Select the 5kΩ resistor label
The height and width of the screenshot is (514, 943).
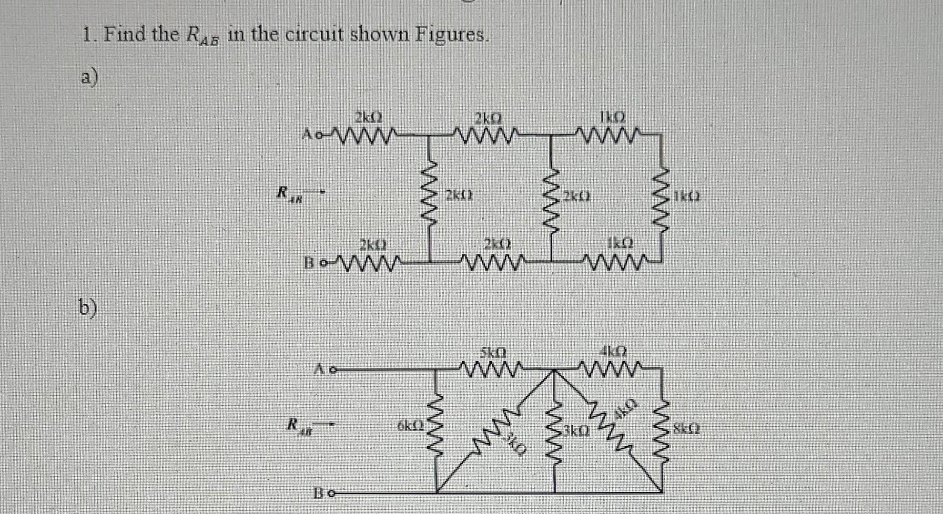click(x=493, y=351)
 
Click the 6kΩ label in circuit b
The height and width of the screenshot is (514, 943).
click(x=410, y=425)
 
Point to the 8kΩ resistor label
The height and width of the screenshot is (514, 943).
click(x=687, y=429)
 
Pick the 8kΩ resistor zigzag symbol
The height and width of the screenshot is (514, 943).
click(x=661, y=430)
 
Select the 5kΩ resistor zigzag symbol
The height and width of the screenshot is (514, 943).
click(x=492, y=368)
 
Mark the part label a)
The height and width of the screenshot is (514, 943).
click(x=89, y=78)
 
